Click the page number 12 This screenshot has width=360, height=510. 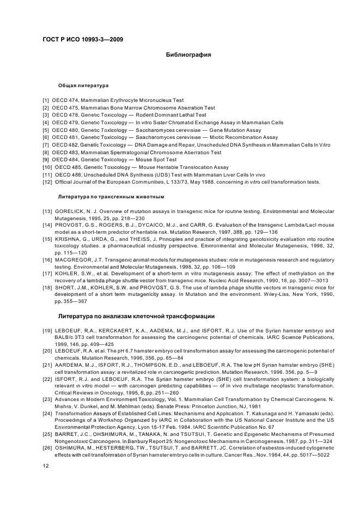(x=46, y=465)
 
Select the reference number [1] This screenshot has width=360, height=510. (x=46, y=100)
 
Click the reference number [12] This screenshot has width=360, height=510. (x=47, y=181)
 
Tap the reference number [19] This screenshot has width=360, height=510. (x=47, y=330)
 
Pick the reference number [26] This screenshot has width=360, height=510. (x=47, y=447)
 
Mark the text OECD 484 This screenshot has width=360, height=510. (x=66, y=160)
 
